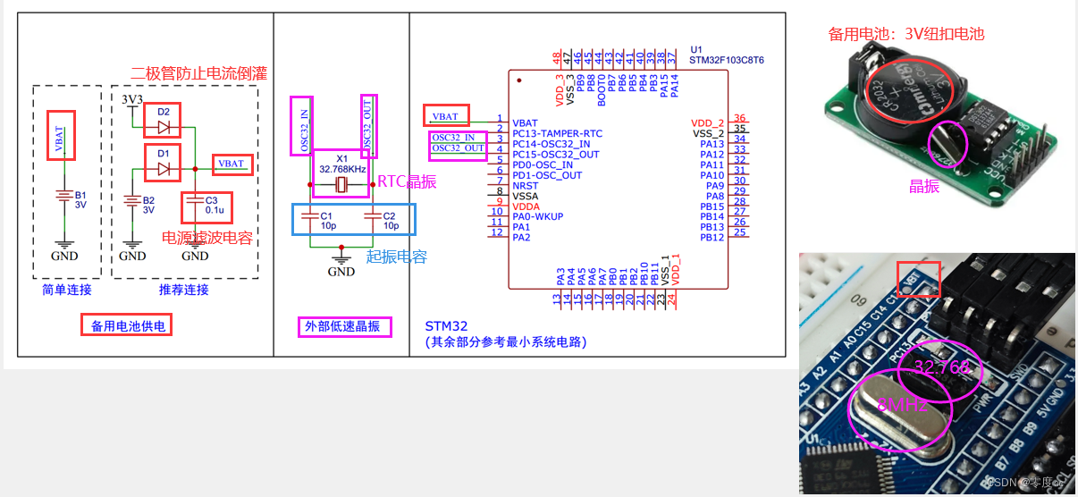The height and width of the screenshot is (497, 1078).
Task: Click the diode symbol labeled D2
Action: tap(164, 126)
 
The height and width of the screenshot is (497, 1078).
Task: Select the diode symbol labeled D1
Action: tap(164, 168)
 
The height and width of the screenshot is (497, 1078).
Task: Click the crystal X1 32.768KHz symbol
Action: tap(340, 185)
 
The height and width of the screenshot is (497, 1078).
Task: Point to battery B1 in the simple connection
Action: tap(63, 198)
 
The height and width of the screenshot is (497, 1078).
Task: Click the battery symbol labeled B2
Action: tap(132, 205)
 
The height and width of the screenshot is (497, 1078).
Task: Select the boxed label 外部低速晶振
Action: tap(342, 326)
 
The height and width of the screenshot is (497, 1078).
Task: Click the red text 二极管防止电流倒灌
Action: tap(198, 73)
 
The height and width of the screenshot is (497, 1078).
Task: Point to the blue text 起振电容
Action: tap(396, 257)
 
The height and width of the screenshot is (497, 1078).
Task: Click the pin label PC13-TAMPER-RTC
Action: tap(557, 133)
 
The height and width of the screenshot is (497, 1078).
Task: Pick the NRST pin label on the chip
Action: tap(526, 186)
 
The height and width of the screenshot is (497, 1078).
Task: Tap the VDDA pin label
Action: tap(526, 206)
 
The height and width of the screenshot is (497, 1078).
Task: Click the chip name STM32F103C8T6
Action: tap(727, 61)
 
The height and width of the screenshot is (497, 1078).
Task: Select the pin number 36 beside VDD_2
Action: tap(739, 119)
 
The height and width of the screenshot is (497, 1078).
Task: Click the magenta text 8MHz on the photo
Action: tap(902, 405)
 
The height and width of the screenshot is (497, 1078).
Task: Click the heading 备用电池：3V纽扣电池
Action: tap(905, 34)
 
